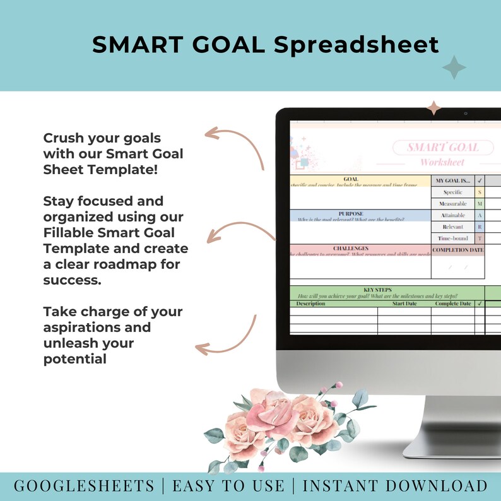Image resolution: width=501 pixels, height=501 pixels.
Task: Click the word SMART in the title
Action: click(133, 45)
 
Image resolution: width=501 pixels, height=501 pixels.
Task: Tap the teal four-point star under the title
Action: click(454, 68)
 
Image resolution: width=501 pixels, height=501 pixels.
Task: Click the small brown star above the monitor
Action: click(433, 107)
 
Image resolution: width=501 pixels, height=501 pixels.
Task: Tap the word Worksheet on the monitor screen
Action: click(442, 162)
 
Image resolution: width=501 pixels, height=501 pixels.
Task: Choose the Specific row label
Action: click(452, 192)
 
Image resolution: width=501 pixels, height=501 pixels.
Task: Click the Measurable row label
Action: click(452, 204)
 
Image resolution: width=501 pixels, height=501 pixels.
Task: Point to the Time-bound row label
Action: click(452, 238)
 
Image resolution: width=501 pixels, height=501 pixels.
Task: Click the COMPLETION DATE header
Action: click(457, 250)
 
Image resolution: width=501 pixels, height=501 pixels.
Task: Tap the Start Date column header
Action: click(404, 304)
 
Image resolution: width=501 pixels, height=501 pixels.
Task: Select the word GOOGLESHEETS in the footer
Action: click(83, 486)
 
